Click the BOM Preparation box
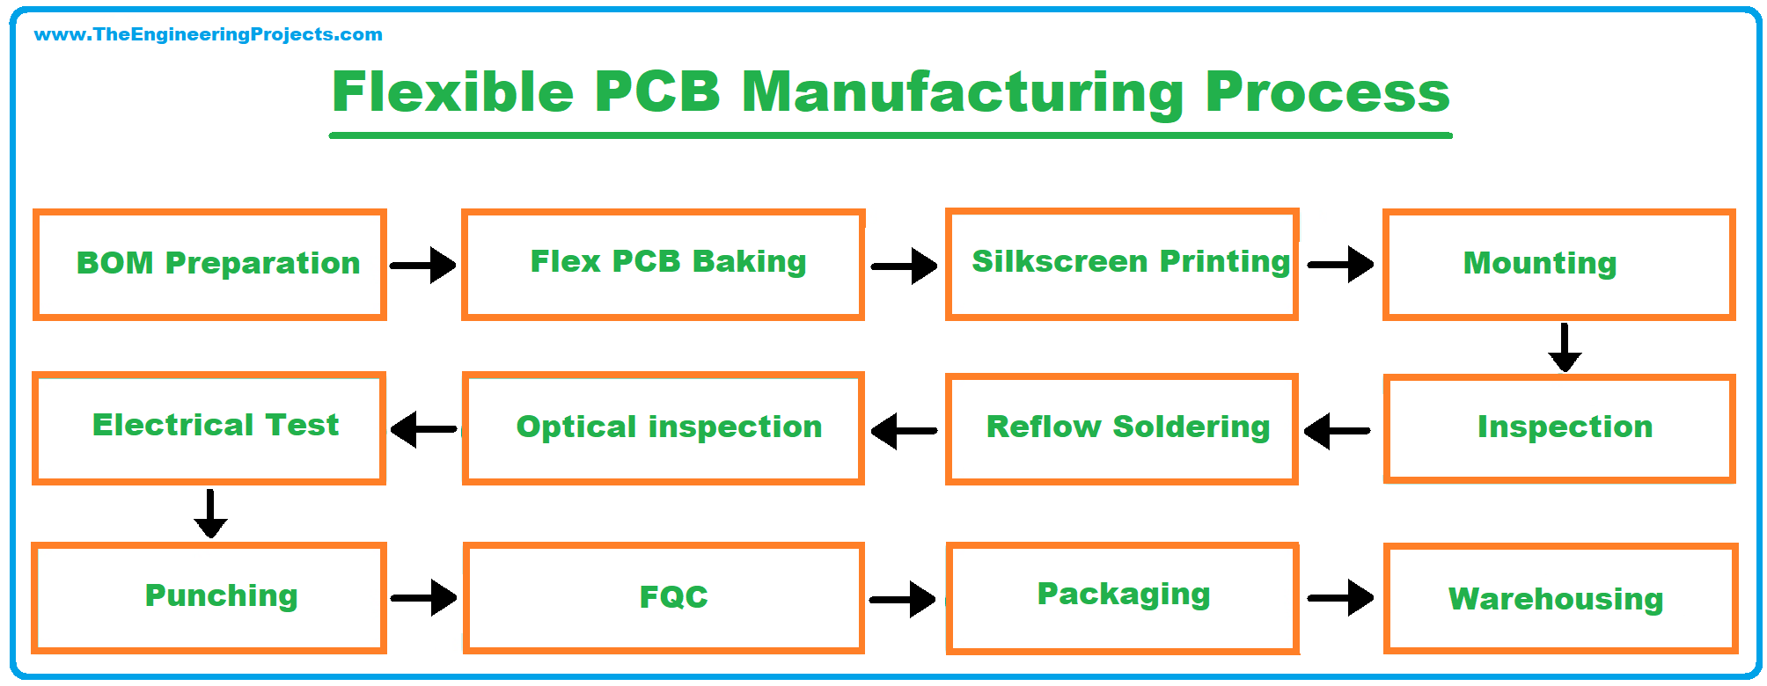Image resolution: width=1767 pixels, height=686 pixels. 209,264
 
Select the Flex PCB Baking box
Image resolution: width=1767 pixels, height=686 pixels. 664,264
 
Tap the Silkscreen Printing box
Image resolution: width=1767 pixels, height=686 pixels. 1122,264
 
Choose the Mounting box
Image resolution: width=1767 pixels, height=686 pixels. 1558,264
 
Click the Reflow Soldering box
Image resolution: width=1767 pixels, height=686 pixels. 1122,428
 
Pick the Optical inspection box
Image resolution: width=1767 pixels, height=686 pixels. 664,428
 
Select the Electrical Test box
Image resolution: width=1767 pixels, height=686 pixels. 209,427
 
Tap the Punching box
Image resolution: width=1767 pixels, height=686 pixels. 209,597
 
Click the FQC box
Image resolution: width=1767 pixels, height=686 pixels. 664,598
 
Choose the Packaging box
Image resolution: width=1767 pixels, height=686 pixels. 1122,598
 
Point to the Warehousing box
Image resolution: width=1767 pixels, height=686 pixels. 1560,599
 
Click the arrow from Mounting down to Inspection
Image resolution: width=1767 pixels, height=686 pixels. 1565,347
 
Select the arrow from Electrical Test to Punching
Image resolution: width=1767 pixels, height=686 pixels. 210,513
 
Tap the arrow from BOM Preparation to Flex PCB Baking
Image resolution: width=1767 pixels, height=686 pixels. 423,265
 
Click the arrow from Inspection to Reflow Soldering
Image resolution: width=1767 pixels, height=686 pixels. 1338,431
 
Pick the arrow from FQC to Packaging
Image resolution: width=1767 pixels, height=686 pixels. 903,599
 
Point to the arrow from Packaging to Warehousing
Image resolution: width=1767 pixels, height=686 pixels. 1340,598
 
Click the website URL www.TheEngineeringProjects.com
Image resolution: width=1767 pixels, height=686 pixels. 208,34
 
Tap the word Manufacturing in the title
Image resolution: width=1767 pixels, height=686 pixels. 964,92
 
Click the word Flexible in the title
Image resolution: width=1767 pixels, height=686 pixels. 452,92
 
